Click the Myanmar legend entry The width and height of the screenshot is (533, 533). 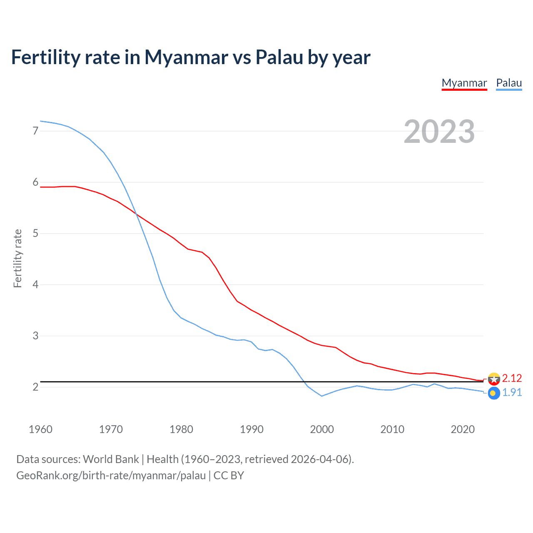tap(464, 83)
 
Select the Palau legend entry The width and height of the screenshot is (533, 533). tap(509, 83)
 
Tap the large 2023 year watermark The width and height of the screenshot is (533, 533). tap(439, 132)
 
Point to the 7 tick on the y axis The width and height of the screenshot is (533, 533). tap(35, 131)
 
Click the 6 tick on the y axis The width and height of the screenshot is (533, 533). tap(35, 182)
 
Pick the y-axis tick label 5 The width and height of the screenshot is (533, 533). tap(35, 234)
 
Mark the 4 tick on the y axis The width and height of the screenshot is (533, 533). tap(35, 285)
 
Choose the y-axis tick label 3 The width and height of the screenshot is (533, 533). tap(35, 336)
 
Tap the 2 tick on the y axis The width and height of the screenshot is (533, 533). tap(35, 387)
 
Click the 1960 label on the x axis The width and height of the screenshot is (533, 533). tap(40, 429)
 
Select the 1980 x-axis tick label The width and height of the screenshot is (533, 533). tap(181, 429)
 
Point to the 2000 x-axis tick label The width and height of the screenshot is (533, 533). tap(322, 429)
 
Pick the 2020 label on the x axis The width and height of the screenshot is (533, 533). tap(463, 429)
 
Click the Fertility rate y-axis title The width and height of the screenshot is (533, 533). tap(17, 258)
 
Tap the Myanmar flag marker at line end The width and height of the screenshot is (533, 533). tap(493, 379)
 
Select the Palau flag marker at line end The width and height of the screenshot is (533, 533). tap(493, 393)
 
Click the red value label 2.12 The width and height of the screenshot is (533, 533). tap(512, 378)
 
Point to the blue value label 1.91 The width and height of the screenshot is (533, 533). tap(512, 393)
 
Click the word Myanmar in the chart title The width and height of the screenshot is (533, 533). tap(186, 57)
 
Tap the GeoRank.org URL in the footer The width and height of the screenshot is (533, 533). tap(111, 476)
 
